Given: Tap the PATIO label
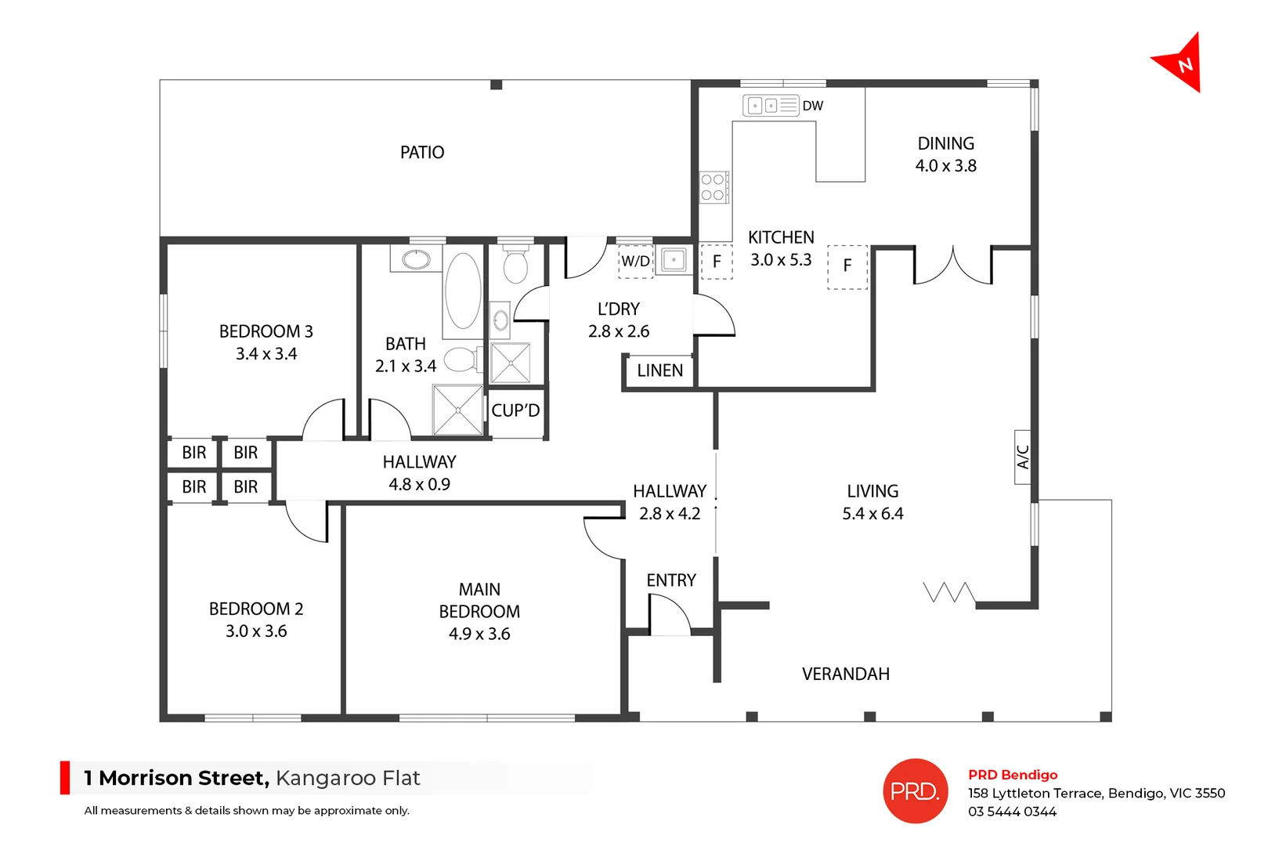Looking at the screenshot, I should point(421,152).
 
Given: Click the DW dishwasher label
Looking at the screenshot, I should point(812,106).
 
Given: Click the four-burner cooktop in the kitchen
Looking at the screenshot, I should point(713,187).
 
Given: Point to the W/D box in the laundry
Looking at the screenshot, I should point(635,262).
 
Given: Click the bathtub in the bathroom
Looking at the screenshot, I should point(463,291).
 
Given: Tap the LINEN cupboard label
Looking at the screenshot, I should point(659,371).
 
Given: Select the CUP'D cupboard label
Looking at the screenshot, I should point(515,410).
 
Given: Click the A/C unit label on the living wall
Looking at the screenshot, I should point(1022,457).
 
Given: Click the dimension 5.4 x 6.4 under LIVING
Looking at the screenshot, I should point(872,514).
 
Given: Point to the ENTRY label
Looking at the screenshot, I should point(671,580).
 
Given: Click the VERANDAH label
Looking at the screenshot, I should point(845,674).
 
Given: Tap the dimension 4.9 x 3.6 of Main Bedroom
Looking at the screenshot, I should point(479,634).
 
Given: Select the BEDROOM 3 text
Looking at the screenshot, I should point(266,331).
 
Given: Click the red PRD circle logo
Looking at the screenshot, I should point(915,790).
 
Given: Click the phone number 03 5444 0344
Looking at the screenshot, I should point(1012,812).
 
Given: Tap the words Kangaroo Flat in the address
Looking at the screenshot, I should point(348,778).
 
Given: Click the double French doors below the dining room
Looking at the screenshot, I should point(952,266).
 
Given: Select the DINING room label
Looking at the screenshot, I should point(945,143).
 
